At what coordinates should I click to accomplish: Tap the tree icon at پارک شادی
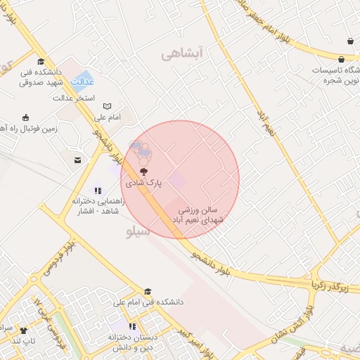click(x=144, y=171)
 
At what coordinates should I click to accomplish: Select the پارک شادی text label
click(x=144, y=182)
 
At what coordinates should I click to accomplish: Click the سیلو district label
click(x=138, y=231)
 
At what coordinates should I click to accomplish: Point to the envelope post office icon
click(x=77, y=161)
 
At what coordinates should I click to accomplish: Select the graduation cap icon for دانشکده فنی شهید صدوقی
click(x=41, y=61)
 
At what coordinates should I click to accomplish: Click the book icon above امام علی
click(x=108, y=106)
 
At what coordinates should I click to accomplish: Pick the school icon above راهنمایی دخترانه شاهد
click(x=98, y=191)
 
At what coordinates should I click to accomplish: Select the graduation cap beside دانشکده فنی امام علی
click(x=148, y=291)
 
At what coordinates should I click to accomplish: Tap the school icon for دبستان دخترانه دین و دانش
click(x=132, y=326)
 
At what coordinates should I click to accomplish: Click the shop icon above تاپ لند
click(x=23, y=330)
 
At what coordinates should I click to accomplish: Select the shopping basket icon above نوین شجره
click(x=349, y=41)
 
